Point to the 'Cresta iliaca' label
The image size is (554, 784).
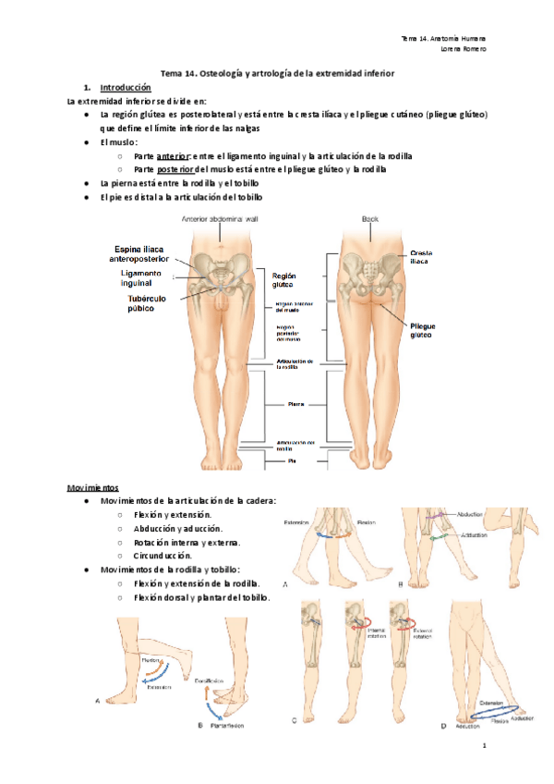[x=422, y=257]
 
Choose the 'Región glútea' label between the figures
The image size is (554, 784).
[x=283, y=280]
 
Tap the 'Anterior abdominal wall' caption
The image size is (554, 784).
[x=222, y=219]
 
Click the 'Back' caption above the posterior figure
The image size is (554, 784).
[x=369, y=219]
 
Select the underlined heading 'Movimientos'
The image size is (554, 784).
[x=92, y=486]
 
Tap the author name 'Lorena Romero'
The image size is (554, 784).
[x=464, y=49]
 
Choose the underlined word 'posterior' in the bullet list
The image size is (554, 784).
[x=175, y=170]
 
